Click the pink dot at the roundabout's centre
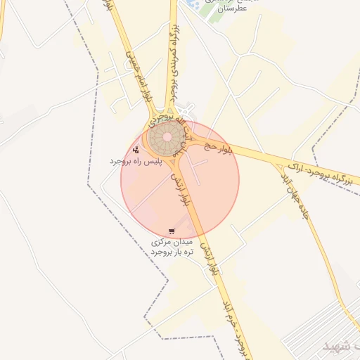pyautogui.click(x=168, y=134)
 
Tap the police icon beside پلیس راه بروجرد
pyautogui.click(x=136, y=149)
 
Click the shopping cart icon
pyautogui.click(x=172, y=231)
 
